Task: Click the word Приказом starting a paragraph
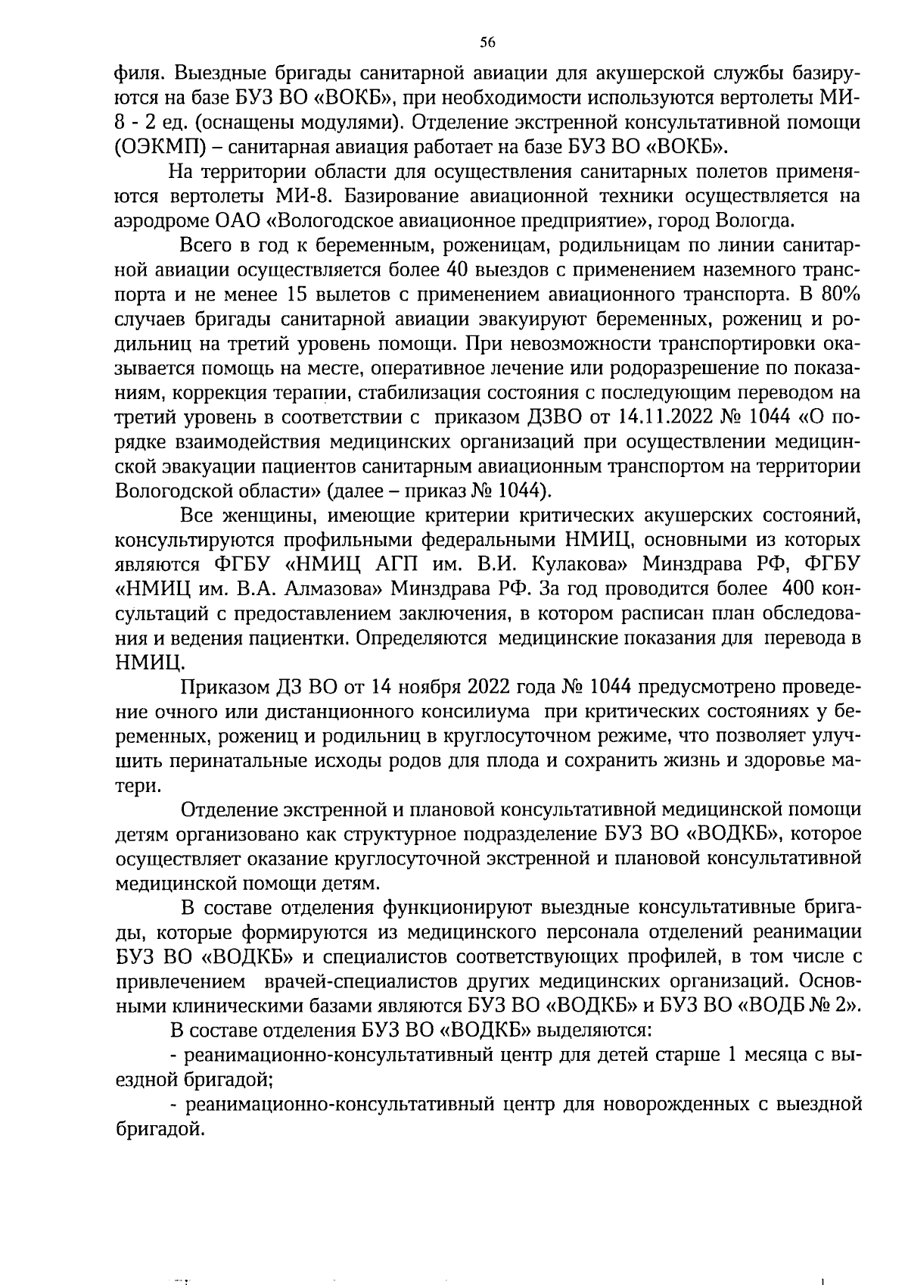pos(219,687)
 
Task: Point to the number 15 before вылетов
pos(300,295)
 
